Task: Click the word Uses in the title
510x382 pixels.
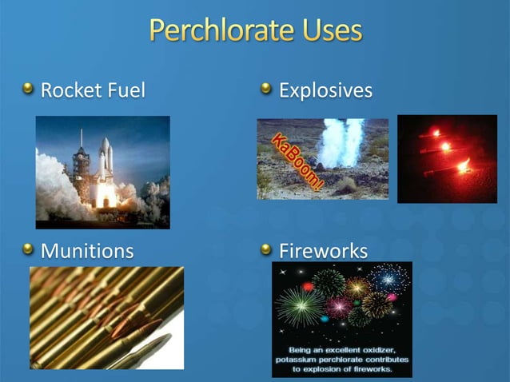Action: (329, 31)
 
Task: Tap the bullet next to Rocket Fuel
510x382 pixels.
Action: (29, 89)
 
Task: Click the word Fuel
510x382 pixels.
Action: (127, 90)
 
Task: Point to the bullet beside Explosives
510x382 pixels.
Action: (267, 89)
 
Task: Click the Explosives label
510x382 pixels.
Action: (325, 90)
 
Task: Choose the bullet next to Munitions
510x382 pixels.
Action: (29, 249)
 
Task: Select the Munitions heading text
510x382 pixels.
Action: (87, 251)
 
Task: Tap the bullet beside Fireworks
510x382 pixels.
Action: (267, 249)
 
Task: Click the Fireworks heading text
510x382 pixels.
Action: (323, 251)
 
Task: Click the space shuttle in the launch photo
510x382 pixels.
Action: (105, 164)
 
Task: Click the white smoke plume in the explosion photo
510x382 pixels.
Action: (340, 144)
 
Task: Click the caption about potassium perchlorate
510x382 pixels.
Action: (341, 360)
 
